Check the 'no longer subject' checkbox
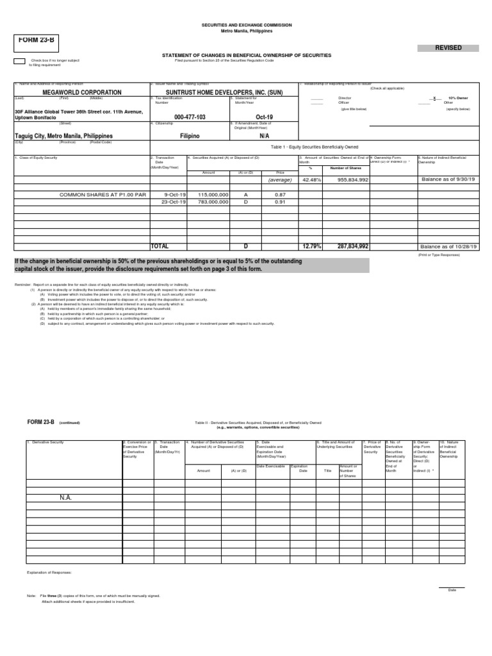[x=19, y=61]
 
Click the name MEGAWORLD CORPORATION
[x=68, y=92]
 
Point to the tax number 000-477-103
[x=190, y=117]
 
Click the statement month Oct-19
[x=264, y=117]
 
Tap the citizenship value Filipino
[x=190, y=136]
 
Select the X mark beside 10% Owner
[x=436, y=99]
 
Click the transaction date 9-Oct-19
[x=174, y=194]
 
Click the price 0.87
[x=279, y=194]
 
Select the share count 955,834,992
[x=348, y=180]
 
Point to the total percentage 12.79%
[x=312, y=246]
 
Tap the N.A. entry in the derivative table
[x=66, y=497]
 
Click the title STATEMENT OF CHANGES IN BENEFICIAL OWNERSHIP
[x=247, y=56]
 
